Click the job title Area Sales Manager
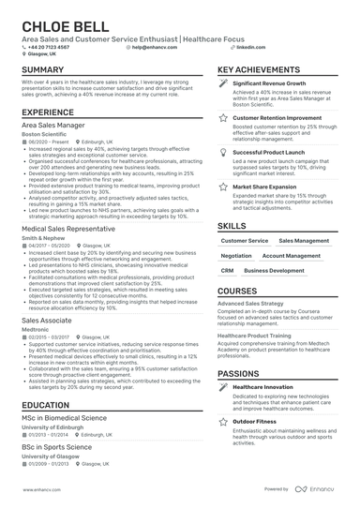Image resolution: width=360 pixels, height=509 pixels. coord(52,125)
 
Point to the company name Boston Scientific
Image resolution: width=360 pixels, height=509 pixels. coord(45,134)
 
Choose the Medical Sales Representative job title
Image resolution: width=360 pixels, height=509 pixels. coord(68,228)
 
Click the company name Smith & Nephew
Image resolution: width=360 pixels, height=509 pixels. coord(41,238)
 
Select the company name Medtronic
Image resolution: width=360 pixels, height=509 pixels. coord(35,328)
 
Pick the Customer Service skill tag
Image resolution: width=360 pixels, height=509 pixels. coord(245,241)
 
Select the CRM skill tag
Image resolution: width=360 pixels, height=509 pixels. coord(228,270)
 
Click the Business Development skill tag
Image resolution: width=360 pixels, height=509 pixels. coord(274,270)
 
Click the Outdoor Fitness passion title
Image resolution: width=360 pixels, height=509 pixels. coord(256,422)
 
